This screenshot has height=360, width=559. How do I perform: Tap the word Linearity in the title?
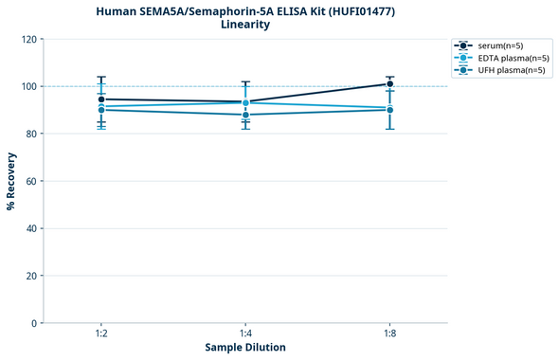(245, 25)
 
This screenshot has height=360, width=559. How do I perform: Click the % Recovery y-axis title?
(11, 181)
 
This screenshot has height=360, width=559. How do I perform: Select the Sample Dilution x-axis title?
(245, 348)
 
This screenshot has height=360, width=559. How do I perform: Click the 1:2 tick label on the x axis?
(101, 333)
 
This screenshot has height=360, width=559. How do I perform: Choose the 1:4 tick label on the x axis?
(245, 333)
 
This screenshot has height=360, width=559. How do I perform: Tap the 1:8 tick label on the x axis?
(389, 333)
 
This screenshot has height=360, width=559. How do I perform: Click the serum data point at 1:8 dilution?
(389, 83)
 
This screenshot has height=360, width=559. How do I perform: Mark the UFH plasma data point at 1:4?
(245, 115)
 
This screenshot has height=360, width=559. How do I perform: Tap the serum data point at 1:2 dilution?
(101, 99)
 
